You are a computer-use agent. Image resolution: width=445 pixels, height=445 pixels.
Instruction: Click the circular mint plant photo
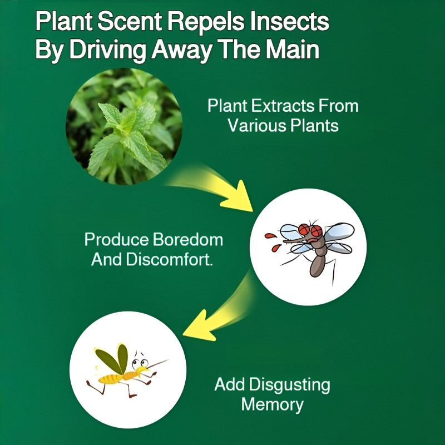click(124, 126)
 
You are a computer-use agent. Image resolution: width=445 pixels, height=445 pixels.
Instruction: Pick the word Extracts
click(281, 106)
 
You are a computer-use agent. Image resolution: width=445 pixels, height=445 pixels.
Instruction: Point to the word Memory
click(273, 404)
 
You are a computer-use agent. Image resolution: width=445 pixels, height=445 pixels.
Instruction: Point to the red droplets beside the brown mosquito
click(272, 240)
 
